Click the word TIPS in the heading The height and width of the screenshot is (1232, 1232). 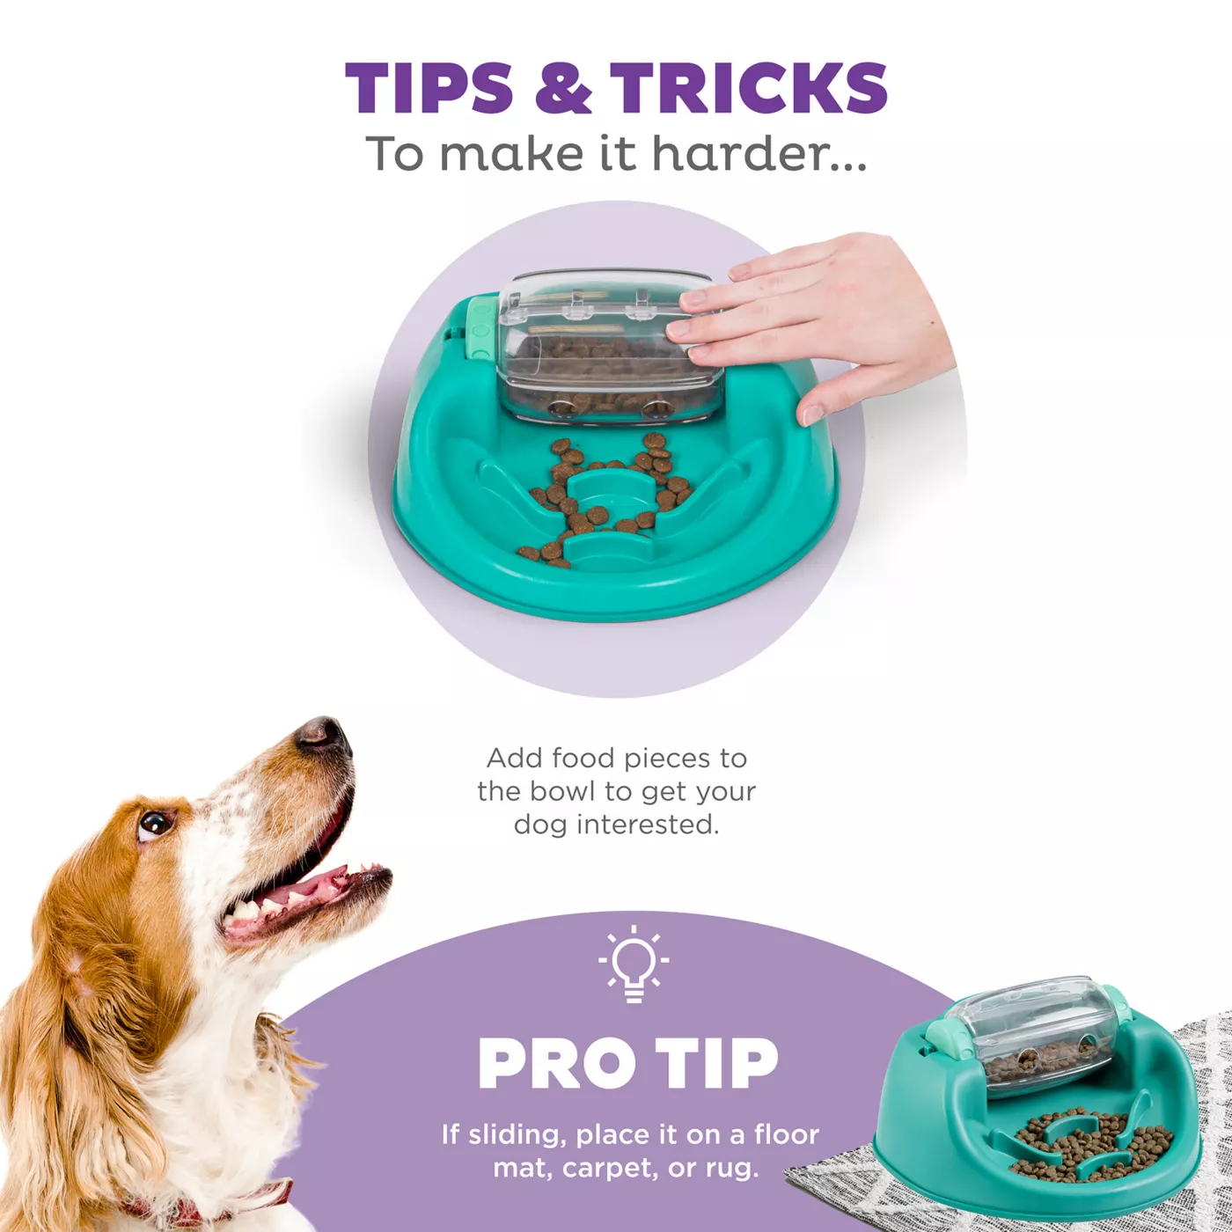[x=429, y=88]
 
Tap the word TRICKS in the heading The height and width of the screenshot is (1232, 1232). [x=749, y=88]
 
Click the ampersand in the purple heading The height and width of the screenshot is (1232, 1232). [x=562, y=88]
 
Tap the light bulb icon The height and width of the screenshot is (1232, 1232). [x=634, y=965]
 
